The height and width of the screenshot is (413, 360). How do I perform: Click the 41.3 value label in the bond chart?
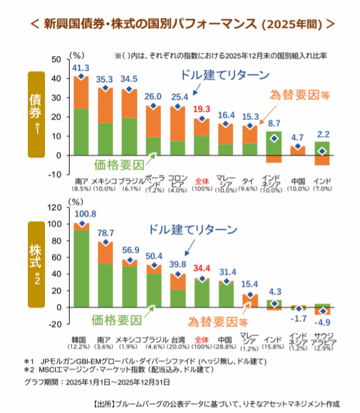click(x=81, y=67)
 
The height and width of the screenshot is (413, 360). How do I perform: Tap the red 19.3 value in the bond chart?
click(x=203, y=109)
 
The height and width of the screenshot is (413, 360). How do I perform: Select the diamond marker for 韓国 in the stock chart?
click(x=82, y=224)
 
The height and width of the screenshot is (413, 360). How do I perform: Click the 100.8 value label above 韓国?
click(x=81, y=214)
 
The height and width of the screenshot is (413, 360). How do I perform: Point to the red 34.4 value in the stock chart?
click(x=203, y=269)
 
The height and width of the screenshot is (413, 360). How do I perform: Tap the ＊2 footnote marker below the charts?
click(x=29, y=370)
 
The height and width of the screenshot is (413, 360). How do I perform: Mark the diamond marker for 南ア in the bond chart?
click(x=81, y=77)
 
